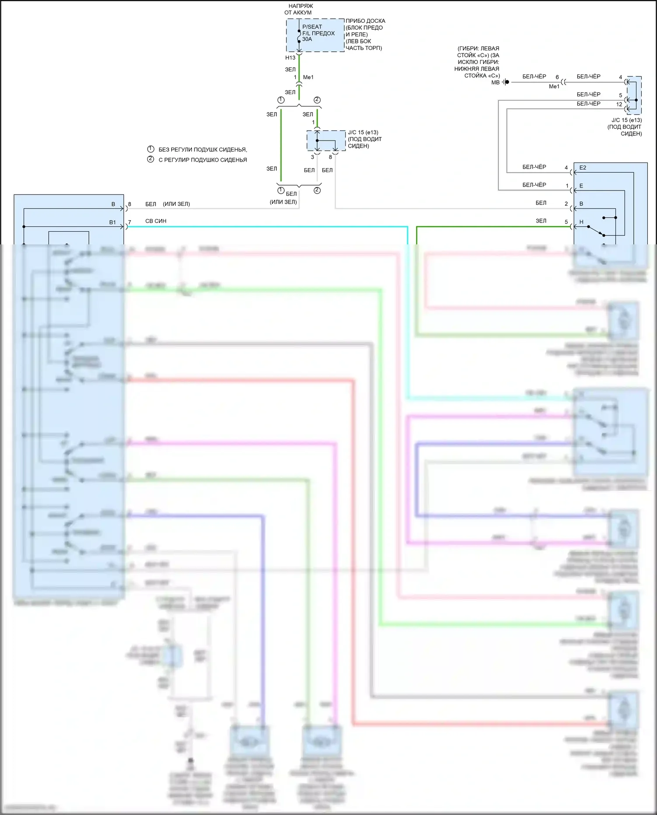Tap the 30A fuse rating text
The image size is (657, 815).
pos(307,39)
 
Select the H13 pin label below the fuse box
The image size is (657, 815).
pos(290,58)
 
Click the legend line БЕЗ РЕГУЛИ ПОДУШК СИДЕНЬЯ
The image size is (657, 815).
pos(202,150)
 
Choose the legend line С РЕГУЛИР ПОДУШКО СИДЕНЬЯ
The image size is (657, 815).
pos(202,160)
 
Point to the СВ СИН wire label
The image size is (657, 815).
pos(156,221)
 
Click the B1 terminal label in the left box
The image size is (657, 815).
pos(113,222)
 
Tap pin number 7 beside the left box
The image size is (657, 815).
pos(130,222)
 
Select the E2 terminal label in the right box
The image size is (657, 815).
pos(583,168)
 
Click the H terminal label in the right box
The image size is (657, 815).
pos(581,222)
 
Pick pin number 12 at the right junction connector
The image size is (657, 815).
pos(619,104)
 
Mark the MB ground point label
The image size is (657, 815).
pos(495,82)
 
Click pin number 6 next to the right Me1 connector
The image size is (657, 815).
pos(557,77)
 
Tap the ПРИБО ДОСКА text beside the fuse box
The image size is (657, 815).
pos(365,21)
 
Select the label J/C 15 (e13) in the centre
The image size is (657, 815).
pos(363,132)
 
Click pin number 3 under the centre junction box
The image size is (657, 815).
pos(312,157)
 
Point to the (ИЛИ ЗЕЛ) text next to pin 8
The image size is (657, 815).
pos(177,204)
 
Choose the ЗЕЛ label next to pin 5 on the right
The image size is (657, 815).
pos(541,221)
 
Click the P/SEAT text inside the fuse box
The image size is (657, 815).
pos(312,27)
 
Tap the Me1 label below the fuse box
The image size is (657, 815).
pos(308,77)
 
